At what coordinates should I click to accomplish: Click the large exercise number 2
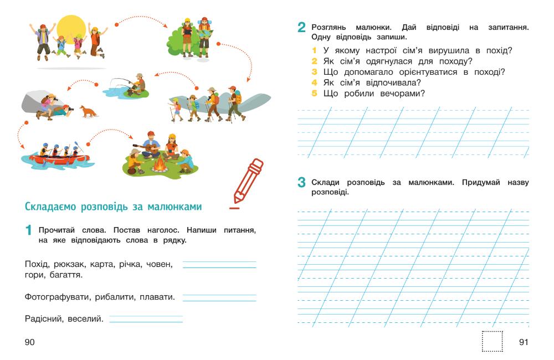[301, 28]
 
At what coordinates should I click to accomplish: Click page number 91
[524, 342]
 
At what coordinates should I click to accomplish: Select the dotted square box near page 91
[492, 341]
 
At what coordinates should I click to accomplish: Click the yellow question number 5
[313, 93]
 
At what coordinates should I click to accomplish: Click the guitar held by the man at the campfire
[149, 148]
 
